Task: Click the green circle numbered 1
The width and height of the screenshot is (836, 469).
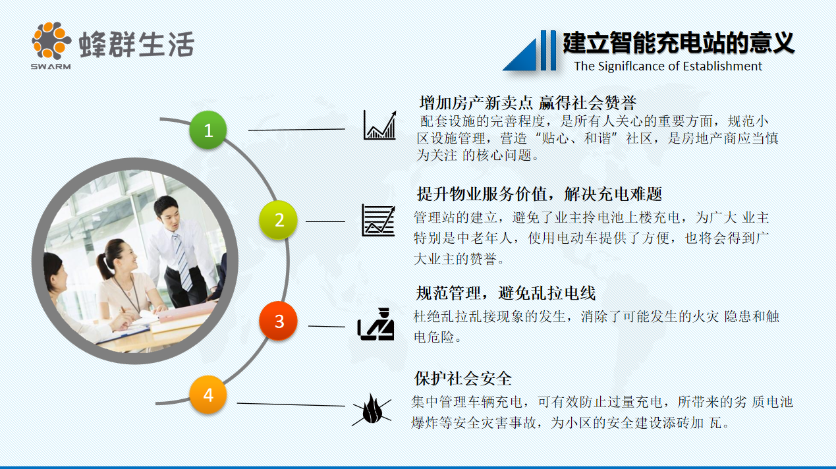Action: point(208,130)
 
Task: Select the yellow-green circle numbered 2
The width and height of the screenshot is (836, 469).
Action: point(278,219)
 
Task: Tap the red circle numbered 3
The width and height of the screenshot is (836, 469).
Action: point(278,321)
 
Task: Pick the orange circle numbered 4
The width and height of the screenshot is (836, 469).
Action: point(208,395)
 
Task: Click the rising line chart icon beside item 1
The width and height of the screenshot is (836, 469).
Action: point(380,125)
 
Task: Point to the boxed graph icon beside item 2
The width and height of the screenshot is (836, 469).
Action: point(378,221)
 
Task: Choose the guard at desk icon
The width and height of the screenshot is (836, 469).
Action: point(376,323)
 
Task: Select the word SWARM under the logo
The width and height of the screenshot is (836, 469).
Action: point(51,66)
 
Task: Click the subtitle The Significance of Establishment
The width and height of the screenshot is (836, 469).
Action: point(668,66)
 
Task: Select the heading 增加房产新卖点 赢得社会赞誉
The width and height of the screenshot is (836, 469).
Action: point(528,103)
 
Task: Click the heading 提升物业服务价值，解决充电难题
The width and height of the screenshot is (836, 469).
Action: point(539,194)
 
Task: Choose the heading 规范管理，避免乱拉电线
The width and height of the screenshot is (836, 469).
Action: point(505,292)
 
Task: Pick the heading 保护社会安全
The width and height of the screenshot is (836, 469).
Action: point(463,378)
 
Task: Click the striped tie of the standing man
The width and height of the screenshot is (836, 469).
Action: point(182,260)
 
